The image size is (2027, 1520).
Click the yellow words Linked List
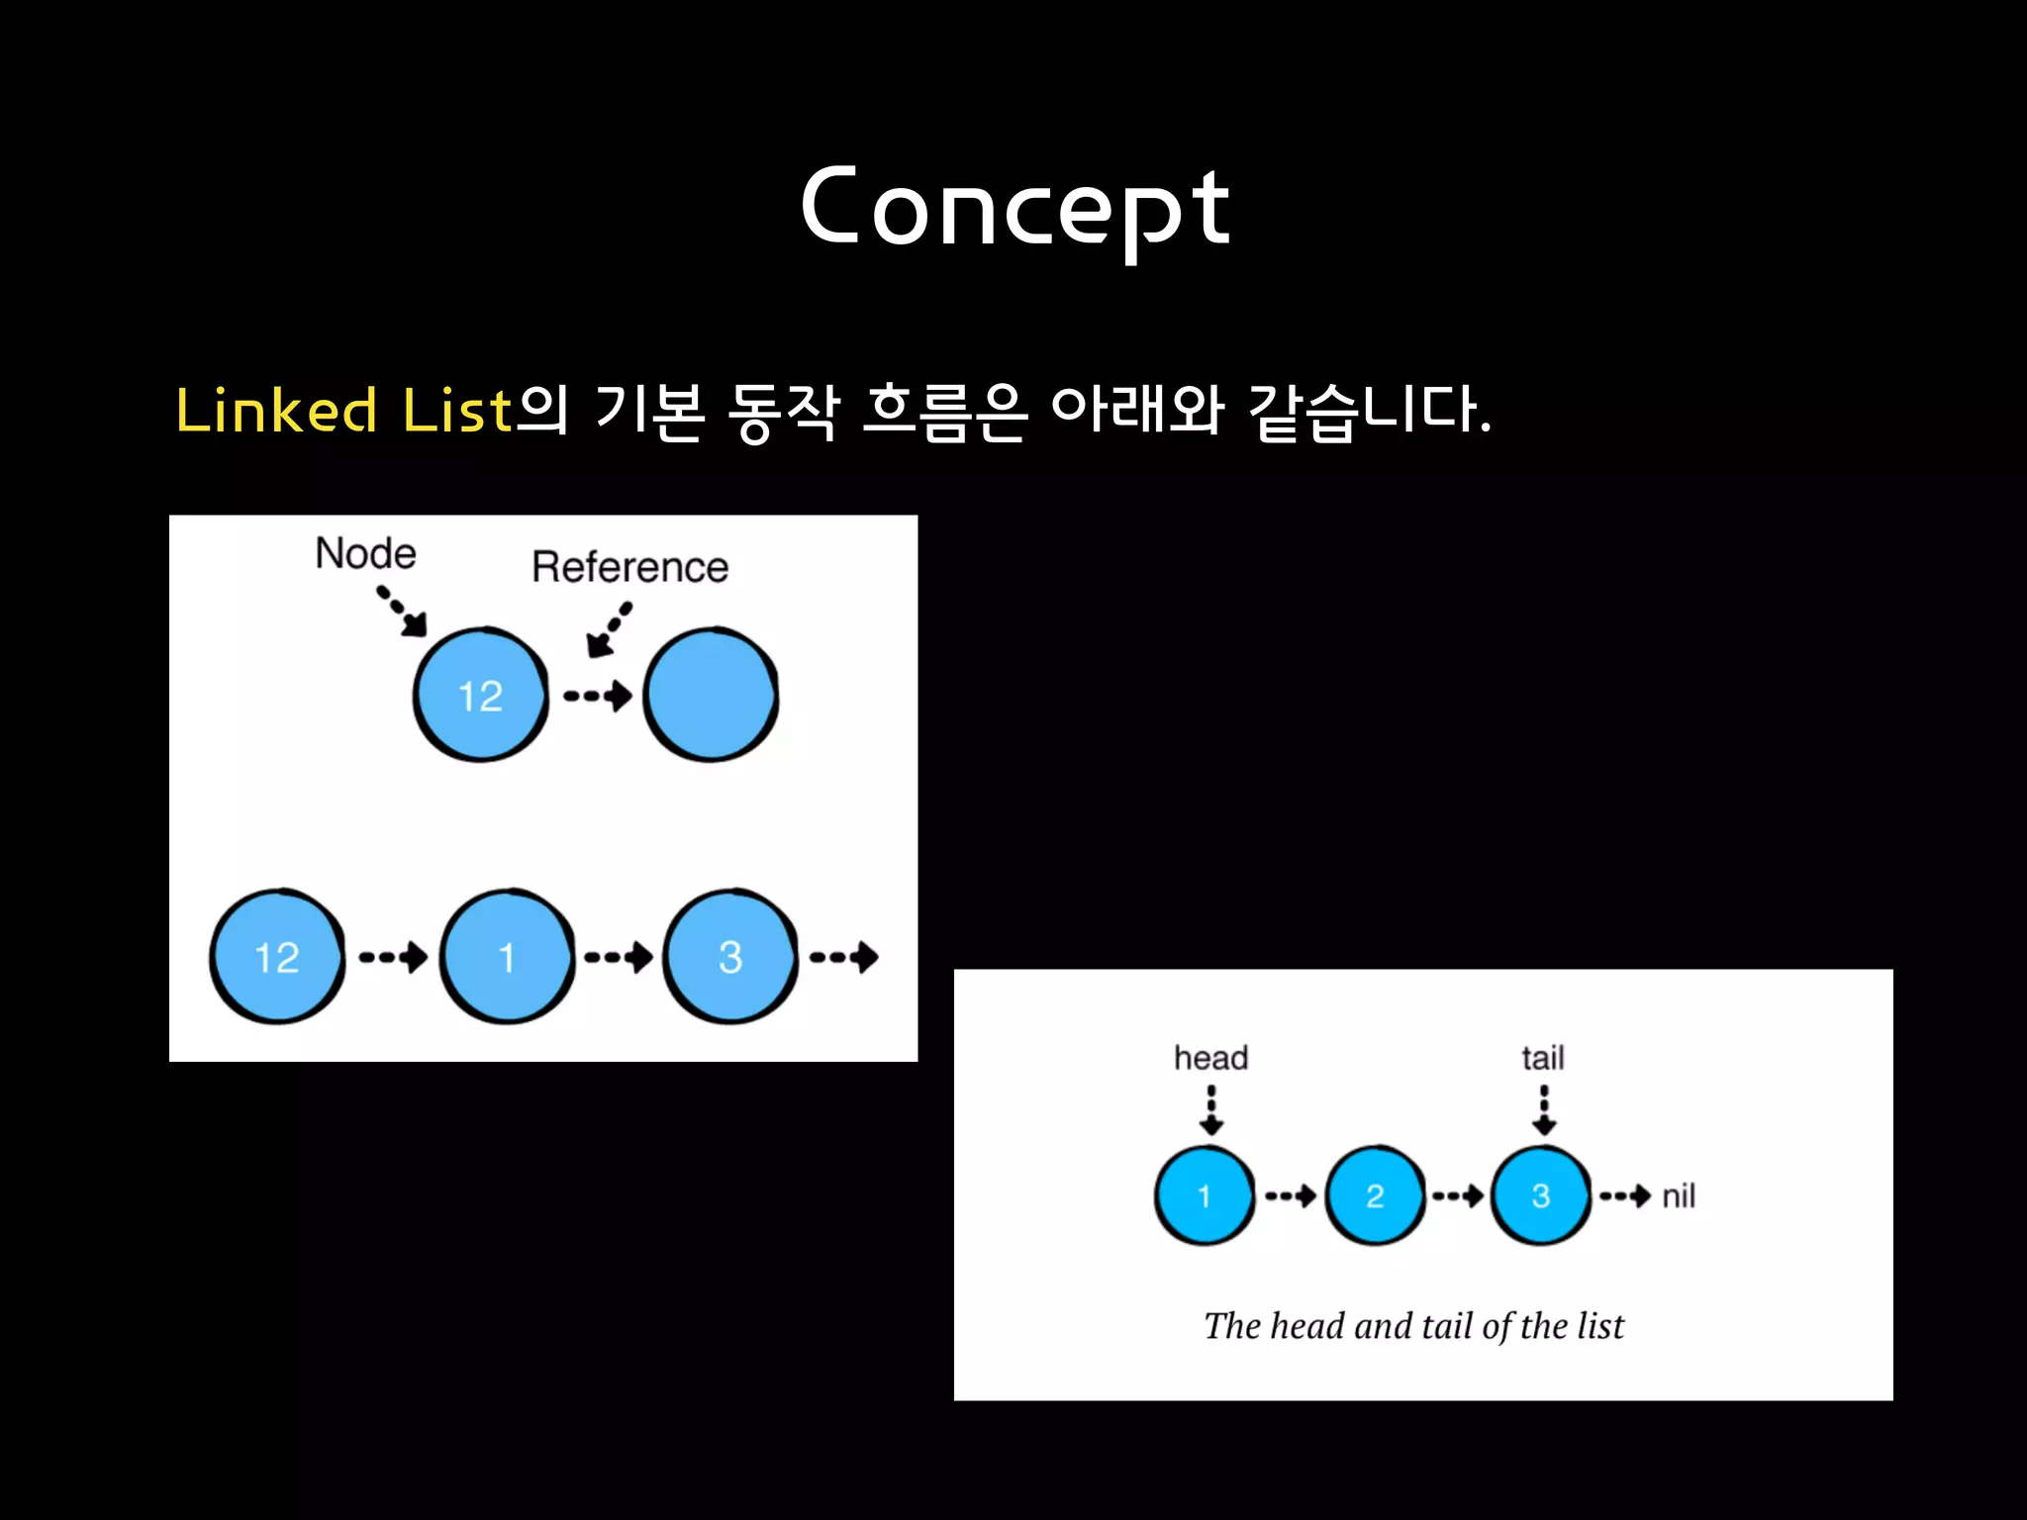click(x=343, y=410)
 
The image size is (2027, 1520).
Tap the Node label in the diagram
click(x=365, y=553)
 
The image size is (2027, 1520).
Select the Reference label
click(x=629, y=567)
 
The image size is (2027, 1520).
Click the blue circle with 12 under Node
click(x=480, y=695)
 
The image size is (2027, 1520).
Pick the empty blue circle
click(x=711, y=695)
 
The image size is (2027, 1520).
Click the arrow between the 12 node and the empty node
click(x=597, y=696)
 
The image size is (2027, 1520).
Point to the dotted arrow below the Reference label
click(x=608, y=630)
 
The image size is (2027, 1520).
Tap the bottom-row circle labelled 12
click(x=277, y=957)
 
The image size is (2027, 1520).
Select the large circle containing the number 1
click(x=507, y=957)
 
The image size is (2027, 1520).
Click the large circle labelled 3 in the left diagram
click(x=730, y=957)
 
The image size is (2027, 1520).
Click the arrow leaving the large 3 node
click(x=843, y=957)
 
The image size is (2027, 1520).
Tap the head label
click(x=1210, y=1058)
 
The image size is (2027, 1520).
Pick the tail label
click(x=1543, y=1058)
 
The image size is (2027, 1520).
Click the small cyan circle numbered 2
click(x=1375, y=1195)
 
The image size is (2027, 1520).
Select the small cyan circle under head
click(x=1205, y=1195)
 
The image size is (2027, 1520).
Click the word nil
click(x=1679, y=1196)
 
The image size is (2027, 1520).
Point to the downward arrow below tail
click(x=1544, y=1110)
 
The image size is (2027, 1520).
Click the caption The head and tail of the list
click(x=1413, y=1326)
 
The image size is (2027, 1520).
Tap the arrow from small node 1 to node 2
click(x=1290, y=1196)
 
